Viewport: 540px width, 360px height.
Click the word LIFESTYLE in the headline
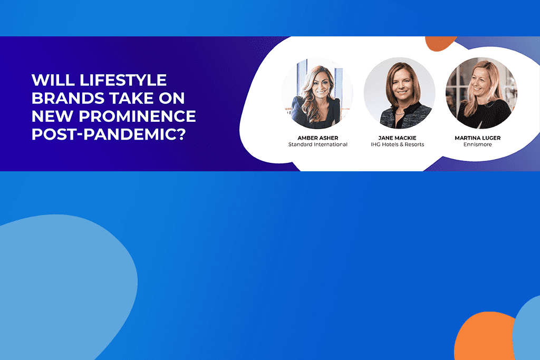coord(123,80)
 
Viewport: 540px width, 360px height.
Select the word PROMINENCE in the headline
coord(137,116)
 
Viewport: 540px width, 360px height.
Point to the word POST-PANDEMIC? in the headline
coord(109,134)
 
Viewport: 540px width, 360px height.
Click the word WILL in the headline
coord(53,80)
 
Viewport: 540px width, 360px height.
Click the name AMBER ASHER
coord(318,138)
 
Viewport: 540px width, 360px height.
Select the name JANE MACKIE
coord(397,138)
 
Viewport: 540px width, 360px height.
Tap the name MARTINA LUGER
coord(478,138)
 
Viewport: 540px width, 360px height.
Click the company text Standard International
coord(318,144)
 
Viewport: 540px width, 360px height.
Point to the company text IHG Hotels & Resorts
coord(398,144)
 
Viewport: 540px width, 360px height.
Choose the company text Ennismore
coord(478,144)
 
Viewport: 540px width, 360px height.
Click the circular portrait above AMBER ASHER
coord(317,93)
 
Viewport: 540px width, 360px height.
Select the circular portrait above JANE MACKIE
coord(400,93)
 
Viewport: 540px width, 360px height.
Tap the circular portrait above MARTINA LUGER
coord(481,93)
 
